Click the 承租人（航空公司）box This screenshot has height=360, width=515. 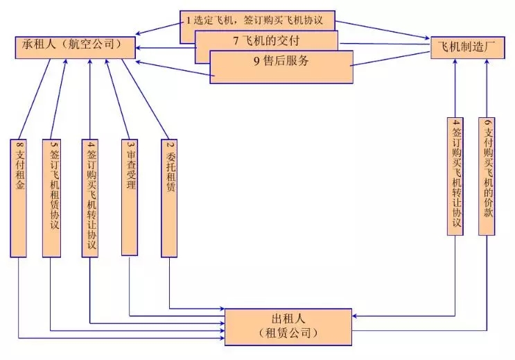pos(76,48)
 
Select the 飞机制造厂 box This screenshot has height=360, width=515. pos(467,48)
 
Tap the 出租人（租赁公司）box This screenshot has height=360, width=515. pos(288,327)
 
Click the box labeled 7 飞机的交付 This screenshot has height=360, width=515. pos(266,41)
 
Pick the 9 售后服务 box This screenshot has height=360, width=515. pos(281,67)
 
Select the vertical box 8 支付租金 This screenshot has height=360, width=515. pos(19,198)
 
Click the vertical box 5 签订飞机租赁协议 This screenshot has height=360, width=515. pos(51,198)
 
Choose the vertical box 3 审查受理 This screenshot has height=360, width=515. pos(130,197)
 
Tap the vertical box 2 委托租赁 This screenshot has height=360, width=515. pos(169,198)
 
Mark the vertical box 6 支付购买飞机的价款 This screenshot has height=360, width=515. pos(487,176)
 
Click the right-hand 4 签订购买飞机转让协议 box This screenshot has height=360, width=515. pos(455,176)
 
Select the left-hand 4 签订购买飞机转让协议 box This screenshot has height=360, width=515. pos(90,198)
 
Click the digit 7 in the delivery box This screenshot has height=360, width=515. pos(236,41)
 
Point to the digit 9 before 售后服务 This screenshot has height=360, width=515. pos(256,61)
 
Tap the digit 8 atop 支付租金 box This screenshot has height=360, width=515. pos(19,144)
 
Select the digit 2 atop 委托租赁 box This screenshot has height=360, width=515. pos(170,144)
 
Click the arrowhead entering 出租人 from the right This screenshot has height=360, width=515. pos(354,316)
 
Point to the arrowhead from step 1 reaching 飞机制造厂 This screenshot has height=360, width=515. pos(427,38)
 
